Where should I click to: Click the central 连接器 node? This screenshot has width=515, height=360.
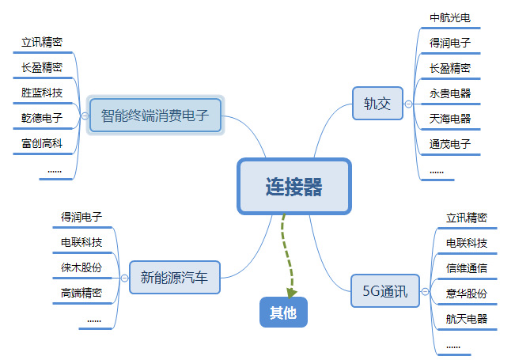[x=293, y=187]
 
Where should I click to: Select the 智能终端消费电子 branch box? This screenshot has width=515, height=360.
[x=155, y=116]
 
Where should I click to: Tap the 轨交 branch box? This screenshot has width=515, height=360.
[x=377, y=104]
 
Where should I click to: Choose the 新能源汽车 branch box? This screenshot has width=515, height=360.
[x=174, y=277]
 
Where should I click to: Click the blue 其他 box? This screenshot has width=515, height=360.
[x=282, y=313]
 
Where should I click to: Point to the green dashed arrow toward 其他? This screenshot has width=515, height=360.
[x=285, y=253]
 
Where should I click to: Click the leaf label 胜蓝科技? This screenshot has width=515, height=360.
[x=42, y=93]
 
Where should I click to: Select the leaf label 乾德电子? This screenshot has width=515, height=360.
[x=42, y=118]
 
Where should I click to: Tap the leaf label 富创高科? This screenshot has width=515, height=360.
[x=42, y=143]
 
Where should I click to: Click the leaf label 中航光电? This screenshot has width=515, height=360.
[x=450, y=17]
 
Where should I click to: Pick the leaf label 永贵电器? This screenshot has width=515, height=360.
[x=450, y=93]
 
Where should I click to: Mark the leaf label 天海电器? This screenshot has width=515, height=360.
[x=450, y=119]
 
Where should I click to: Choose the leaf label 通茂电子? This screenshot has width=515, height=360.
[x=450, y=144]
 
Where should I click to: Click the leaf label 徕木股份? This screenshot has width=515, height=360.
[x=81, y=267]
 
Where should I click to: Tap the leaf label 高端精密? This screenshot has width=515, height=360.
[x=81, y=292]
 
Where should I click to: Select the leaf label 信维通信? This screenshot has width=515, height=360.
[x=467, y=267]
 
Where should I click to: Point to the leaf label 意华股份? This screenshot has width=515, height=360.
[x=467, y=293]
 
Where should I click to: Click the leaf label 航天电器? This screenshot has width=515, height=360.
[x=467, y=318]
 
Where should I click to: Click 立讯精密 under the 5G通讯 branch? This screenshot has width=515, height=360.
[x=467, y=217]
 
